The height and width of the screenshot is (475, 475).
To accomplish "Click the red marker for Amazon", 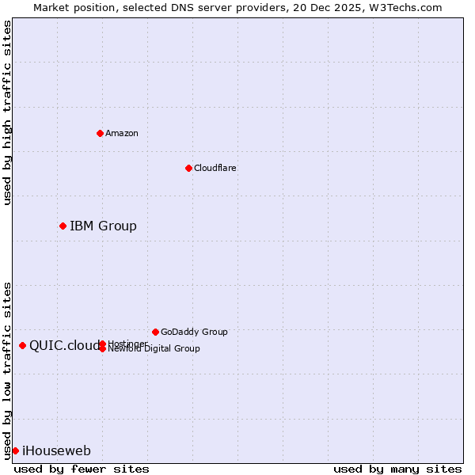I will (x=100, y=133).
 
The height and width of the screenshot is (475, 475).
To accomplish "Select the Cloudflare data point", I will (x=188, y=168).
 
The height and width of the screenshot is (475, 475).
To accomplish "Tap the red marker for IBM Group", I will (x=63, y=226).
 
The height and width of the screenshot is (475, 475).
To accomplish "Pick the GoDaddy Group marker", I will (x=155, y=332).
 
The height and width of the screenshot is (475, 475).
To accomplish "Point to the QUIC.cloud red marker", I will (x=22, y=345).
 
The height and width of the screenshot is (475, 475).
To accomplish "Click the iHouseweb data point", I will (x=15, y=450).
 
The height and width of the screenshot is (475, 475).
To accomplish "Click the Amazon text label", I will (x=122, y=133).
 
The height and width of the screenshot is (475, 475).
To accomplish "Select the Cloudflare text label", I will (x=215, y=168).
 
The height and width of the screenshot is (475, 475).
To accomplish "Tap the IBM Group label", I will (x=103, y=226).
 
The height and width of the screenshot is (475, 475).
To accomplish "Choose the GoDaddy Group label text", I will (x=194, y=332).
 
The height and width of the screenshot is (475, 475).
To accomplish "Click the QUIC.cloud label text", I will (x=64, y=345).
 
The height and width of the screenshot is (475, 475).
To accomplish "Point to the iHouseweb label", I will (x=56, y=451).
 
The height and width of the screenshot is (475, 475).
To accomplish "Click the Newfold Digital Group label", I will (x=154, y=349).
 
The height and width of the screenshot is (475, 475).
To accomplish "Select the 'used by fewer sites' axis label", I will (x=82, y=469).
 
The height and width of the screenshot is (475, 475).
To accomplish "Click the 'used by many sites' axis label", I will (x=397, y=469).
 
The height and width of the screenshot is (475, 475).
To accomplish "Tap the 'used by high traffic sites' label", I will (x=7, y=112).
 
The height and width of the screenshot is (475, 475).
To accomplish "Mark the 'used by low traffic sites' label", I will (x=7, y=370).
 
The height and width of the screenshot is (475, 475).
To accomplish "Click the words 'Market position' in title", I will (x=70, y=7).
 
